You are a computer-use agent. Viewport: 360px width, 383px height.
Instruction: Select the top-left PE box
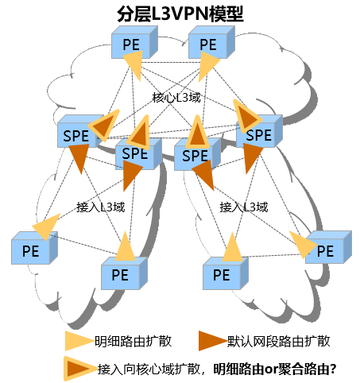pos(130,44)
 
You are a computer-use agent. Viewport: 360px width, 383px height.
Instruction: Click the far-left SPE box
pos(78,133)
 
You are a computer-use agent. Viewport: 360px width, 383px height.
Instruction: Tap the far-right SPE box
pos(259,133)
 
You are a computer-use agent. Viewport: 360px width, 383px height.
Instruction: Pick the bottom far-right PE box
pos(326,249)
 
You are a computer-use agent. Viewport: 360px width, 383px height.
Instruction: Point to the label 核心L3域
pos(176,98)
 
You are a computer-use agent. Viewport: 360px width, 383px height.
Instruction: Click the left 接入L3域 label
pos(100,207)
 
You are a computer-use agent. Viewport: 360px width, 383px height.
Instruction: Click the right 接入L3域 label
pos(243,207)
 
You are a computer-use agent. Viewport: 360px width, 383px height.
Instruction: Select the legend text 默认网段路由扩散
pos(278,341)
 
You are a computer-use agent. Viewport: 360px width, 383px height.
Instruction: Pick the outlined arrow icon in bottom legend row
pos(77,368)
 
